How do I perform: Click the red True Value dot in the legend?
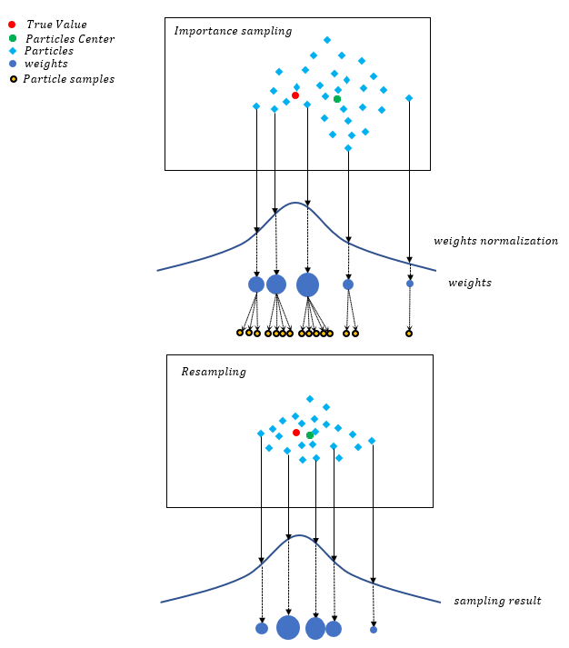12,24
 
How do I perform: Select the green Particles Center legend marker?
12,38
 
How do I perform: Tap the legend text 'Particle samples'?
69,79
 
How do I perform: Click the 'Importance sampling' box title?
233,31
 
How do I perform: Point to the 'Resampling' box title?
213,372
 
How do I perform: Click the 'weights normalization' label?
495,241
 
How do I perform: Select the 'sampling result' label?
497,601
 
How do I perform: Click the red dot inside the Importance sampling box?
295,95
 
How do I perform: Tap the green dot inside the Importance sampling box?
337,99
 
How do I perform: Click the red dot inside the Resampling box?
296,433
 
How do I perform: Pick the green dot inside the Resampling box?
310,435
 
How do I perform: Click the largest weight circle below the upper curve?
307,284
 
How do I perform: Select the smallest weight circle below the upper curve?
410,284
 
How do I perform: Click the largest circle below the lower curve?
288,627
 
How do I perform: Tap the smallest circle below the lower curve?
374,629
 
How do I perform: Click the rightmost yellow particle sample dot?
409,334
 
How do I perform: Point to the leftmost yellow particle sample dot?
240,333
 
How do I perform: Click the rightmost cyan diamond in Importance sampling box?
409,98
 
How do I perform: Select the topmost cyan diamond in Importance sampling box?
327,40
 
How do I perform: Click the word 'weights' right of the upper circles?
469,284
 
